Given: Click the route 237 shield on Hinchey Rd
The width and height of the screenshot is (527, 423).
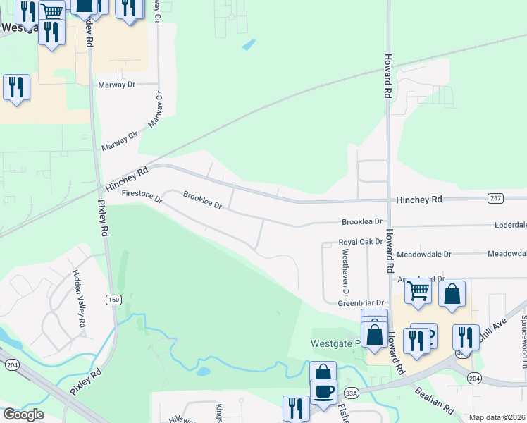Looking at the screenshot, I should [496, 199].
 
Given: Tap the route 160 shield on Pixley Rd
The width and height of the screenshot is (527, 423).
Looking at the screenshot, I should [113, 300].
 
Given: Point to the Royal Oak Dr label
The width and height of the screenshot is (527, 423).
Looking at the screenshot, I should [360, 241].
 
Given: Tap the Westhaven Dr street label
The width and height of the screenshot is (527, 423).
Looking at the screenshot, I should [345, 274].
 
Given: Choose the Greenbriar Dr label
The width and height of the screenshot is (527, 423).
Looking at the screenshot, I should [359, 302].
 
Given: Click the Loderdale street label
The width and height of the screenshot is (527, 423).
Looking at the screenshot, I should [510, 226].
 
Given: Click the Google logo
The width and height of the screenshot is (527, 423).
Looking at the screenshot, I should [23, 415].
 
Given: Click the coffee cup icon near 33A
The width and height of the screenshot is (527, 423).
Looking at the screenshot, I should [323, 390].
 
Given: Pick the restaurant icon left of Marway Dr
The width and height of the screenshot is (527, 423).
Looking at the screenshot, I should [16, 87].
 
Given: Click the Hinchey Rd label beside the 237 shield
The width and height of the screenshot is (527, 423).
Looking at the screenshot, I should [418, 200].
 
